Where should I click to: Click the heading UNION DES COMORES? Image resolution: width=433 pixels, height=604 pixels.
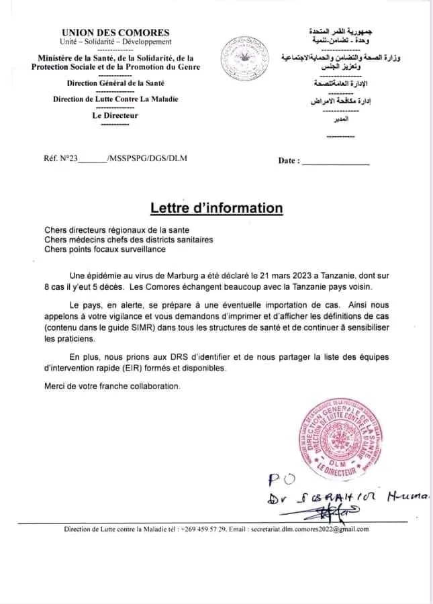click(x=115, y=32)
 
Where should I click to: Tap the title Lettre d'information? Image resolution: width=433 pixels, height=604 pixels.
click(x=216, y=207)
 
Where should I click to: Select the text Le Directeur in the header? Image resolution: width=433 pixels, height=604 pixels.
click(x=115, y=115)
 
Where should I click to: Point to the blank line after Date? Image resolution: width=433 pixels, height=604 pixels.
click(x=335, y=161)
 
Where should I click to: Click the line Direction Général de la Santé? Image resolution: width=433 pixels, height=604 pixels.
click(x=115, y=83)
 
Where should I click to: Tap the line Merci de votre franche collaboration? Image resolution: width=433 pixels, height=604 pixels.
click(x=112, y=387)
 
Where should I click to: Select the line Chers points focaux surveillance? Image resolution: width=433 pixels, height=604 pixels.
click(x=104, y=249)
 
